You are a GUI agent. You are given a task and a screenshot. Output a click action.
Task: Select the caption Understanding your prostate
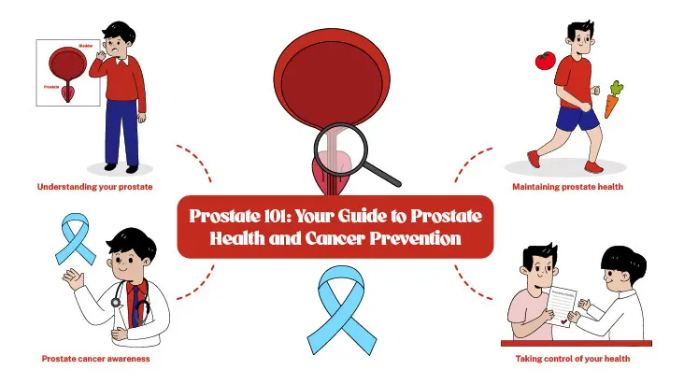point(94,187)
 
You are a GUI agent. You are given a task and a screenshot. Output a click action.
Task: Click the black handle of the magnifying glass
point(384,171)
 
